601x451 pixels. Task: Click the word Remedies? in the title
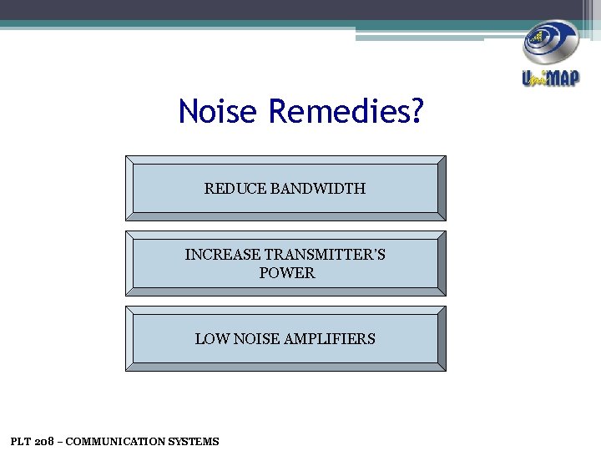pos(346,111)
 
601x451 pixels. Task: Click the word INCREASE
pos(222,255)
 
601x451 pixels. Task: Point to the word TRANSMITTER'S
pos(325,255)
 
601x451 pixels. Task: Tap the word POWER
pos(286,273)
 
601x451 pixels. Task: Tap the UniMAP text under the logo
pos(550,79)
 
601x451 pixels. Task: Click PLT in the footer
pos(20,441)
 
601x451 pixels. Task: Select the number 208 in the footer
pos(43,441)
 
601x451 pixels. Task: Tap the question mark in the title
pos(417,111)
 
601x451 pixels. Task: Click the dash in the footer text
pos(59,441)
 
